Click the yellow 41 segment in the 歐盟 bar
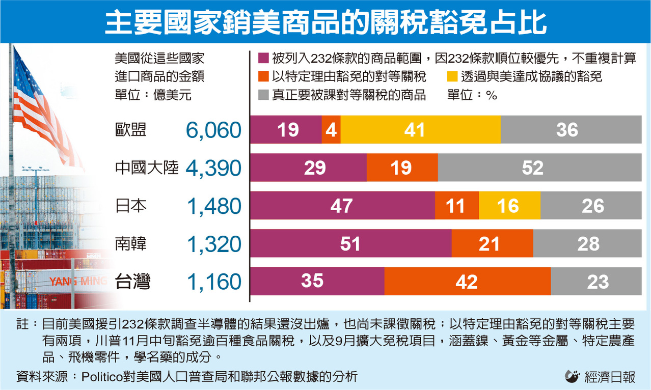[420, 130]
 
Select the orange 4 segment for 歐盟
[331, 130]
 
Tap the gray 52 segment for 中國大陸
[539, 168]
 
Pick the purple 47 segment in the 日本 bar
[342, 206]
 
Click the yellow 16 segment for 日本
[509, 206]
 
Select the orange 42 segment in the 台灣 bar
[467, 282]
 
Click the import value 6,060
[213, 131]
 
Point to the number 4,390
[213, 169]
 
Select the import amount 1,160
[213, 282]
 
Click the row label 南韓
[131, 244]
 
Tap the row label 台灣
[132, 282]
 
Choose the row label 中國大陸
[147, 169]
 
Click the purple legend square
[263, 58]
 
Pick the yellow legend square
[452, 77]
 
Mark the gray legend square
[263, 95]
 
